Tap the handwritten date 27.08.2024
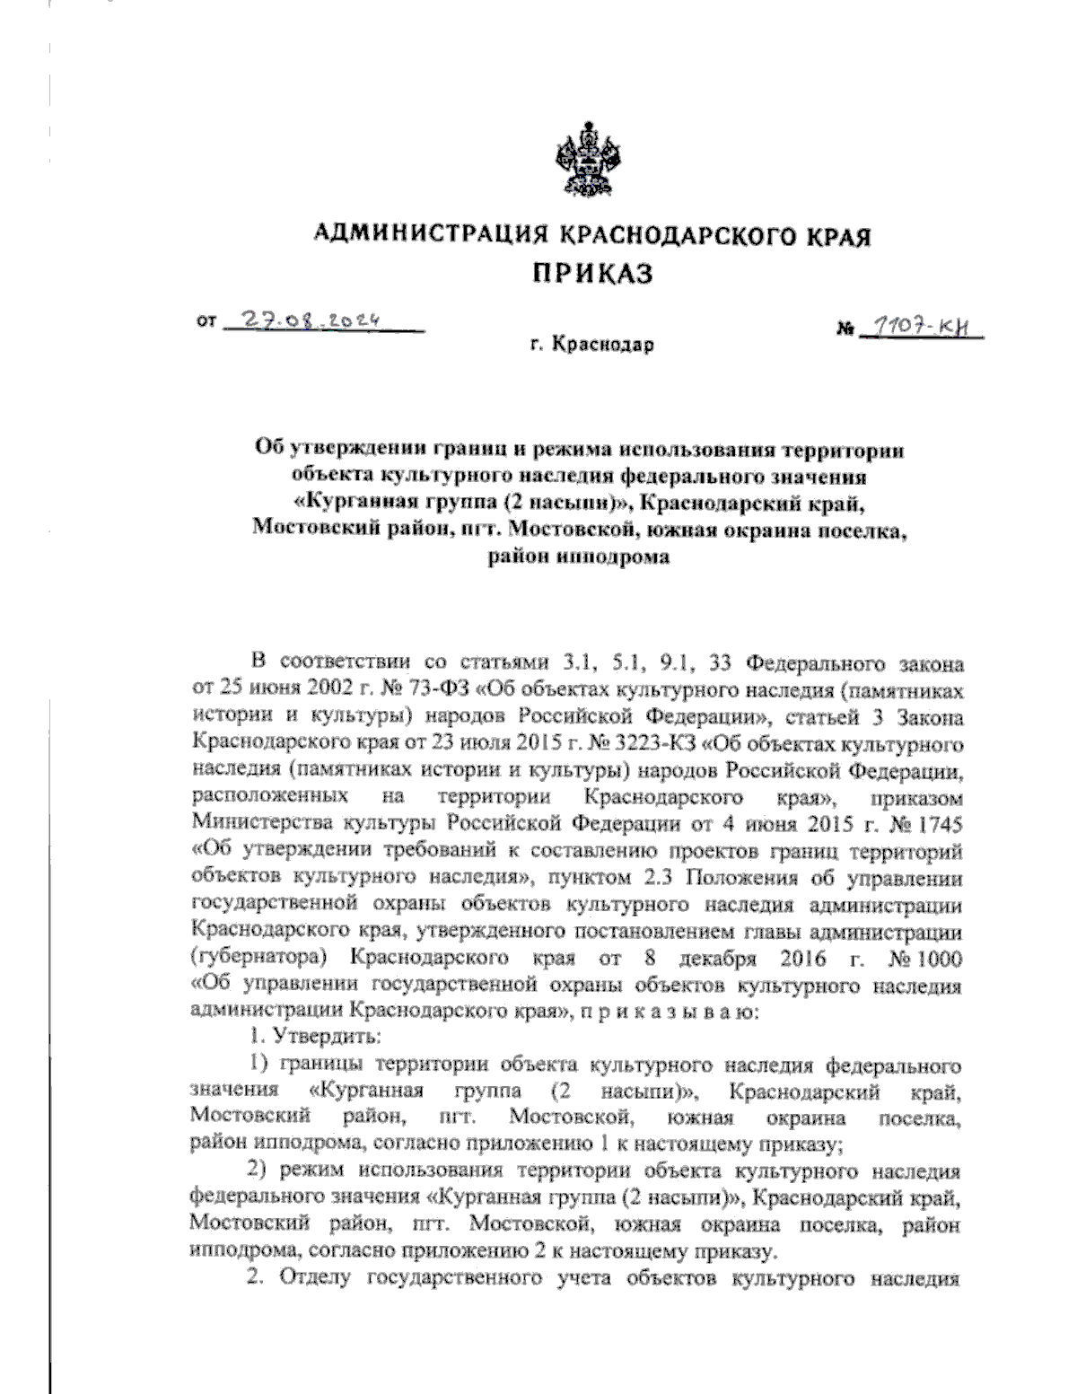(313, 320)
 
